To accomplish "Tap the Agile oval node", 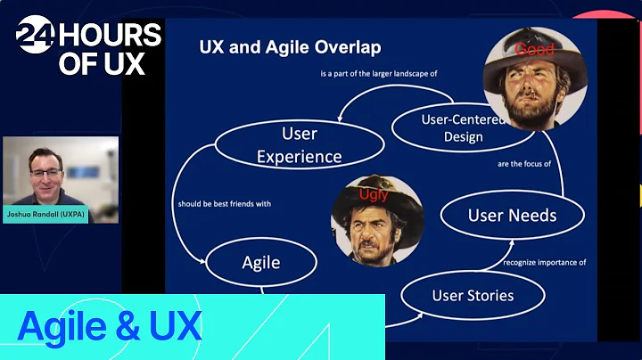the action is coord(261,262).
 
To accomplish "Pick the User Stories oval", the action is coord(472,295).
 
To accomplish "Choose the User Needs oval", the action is coord(513,215).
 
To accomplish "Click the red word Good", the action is coord(534,51).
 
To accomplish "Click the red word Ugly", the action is coord(374,194).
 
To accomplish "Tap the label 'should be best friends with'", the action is coord(225,204).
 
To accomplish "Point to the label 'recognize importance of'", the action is coord(545,262).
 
